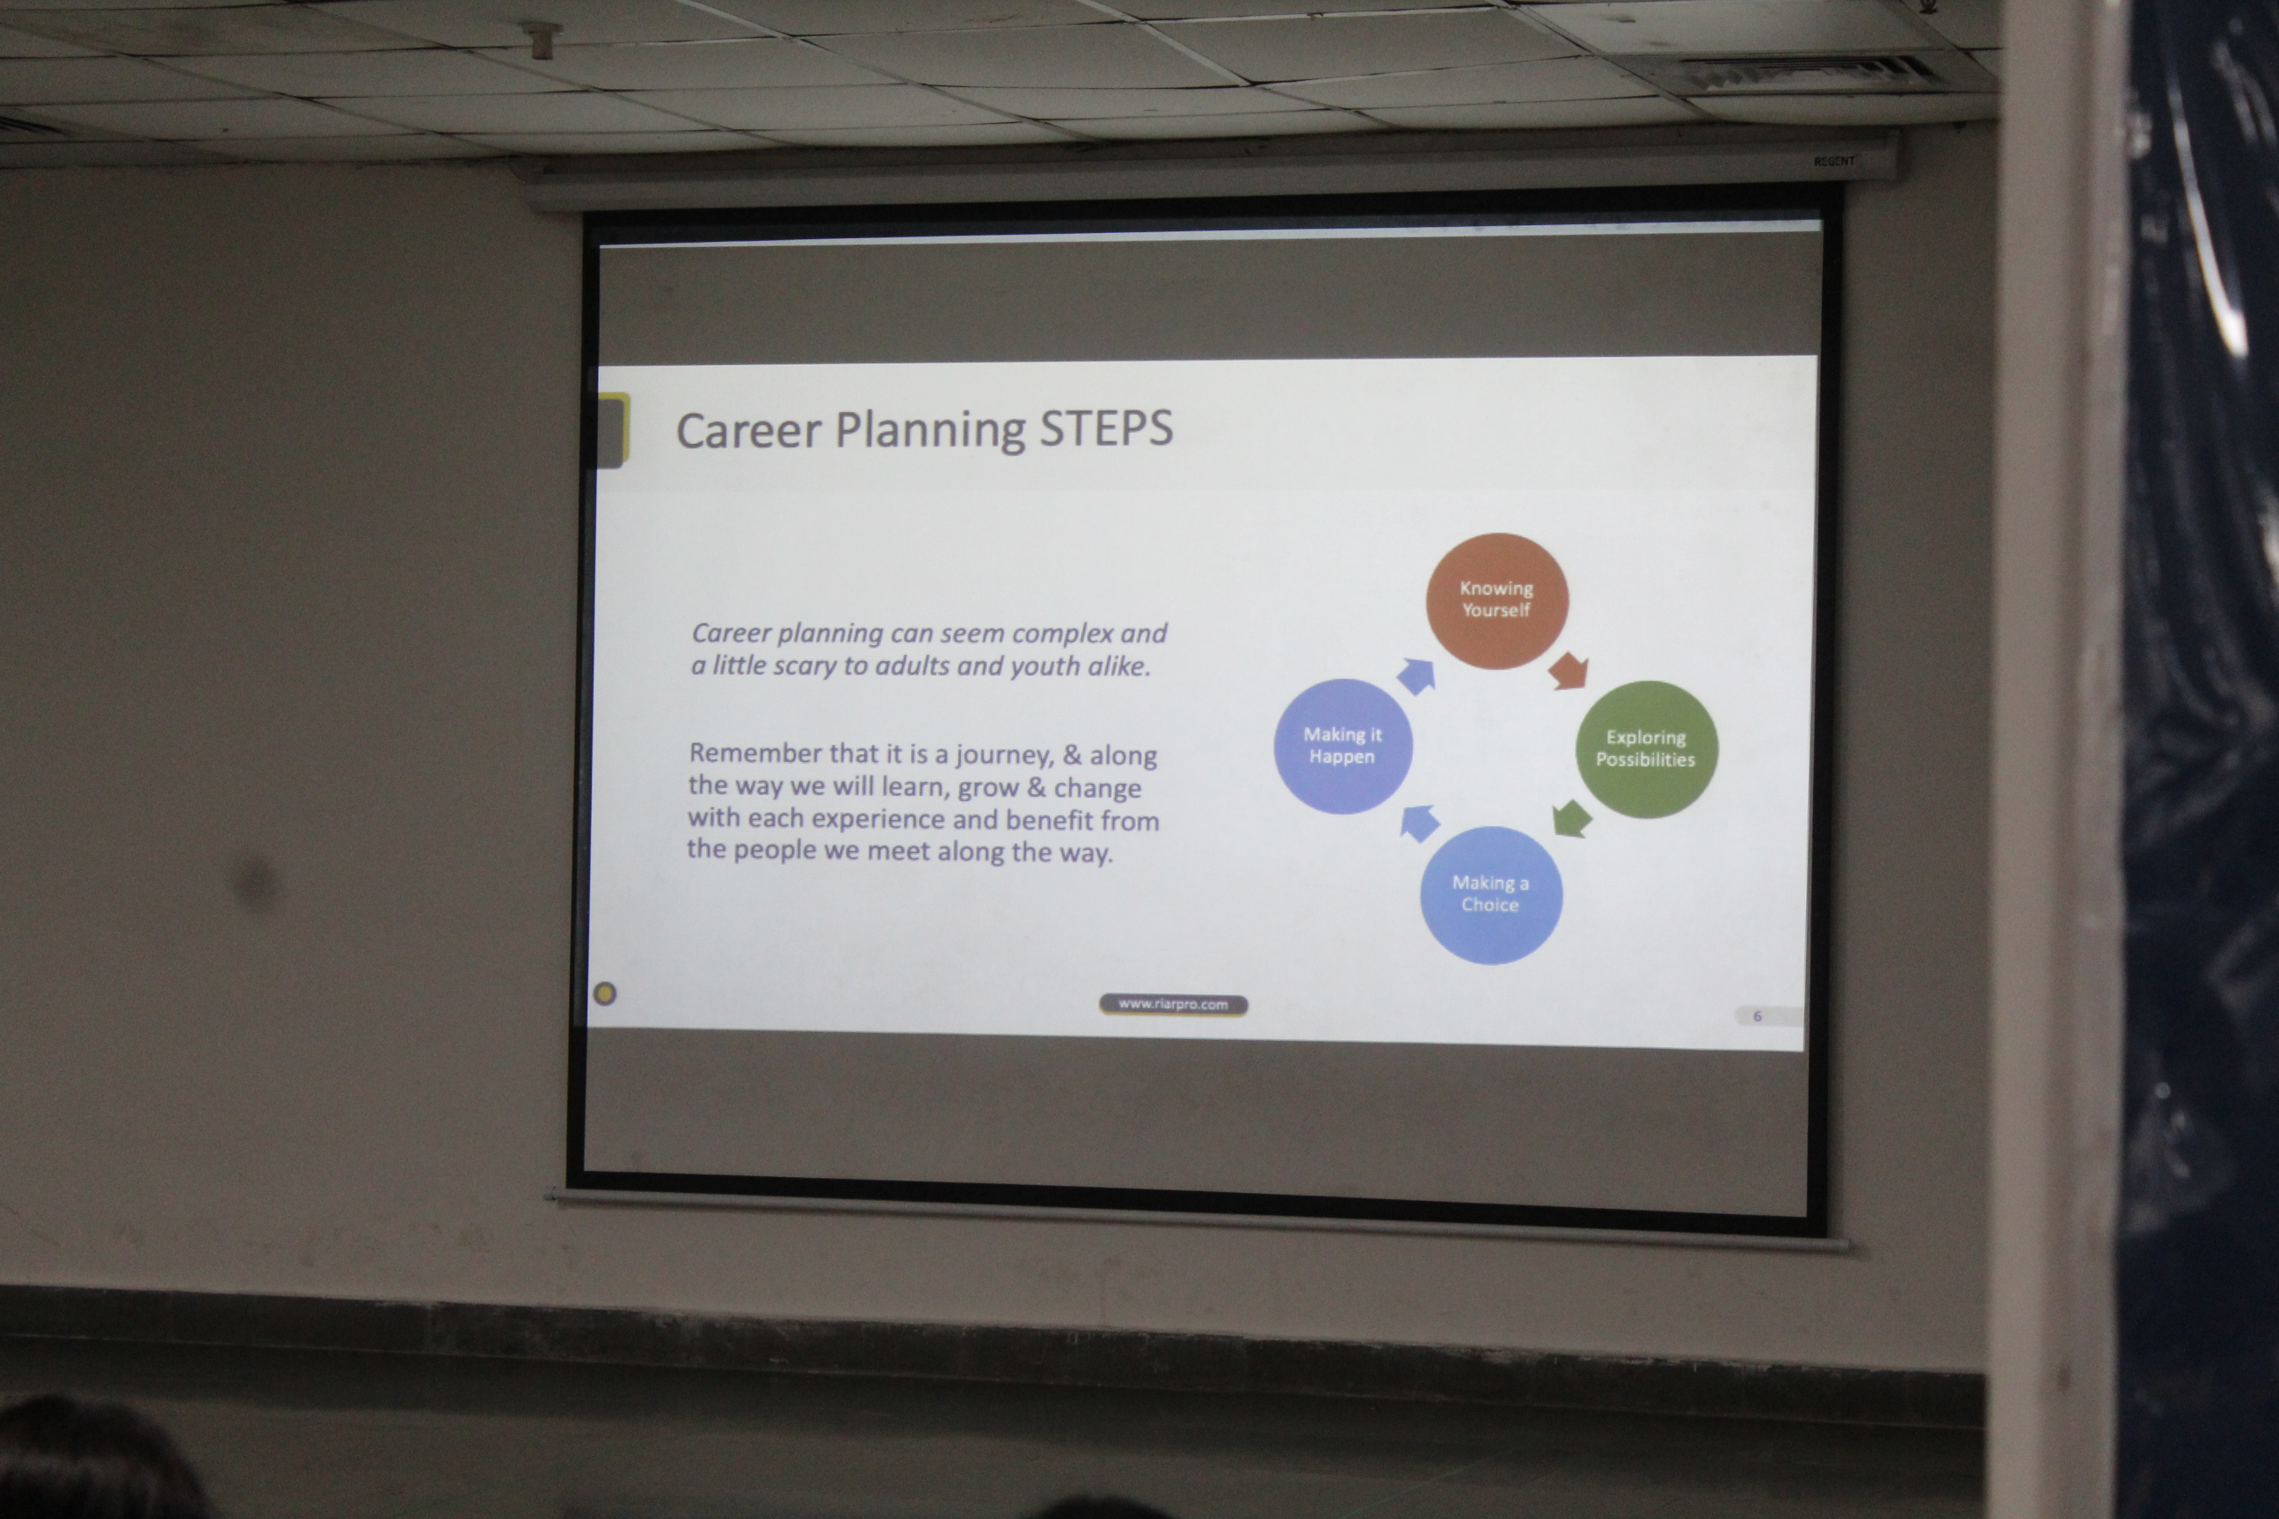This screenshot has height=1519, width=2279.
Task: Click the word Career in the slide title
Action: [749, 431]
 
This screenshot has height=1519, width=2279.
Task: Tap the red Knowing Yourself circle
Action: [1497, 600]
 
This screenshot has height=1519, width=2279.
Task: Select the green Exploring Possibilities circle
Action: [1646, 749]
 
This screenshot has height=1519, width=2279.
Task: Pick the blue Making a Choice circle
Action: [1490, 894]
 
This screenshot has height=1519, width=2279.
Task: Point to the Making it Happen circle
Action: [1343, 746]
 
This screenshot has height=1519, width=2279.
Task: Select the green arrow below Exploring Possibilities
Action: [1572, 818]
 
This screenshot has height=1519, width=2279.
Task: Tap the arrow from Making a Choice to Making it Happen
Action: [1419, 823]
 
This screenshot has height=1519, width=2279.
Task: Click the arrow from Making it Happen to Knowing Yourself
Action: [1416, 675]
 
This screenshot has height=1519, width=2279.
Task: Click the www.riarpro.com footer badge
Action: [1174, 1005]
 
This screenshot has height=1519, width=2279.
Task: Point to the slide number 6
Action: [1757, 1016]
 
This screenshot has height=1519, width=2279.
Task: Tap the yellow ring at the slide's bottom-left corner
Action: [605, 993]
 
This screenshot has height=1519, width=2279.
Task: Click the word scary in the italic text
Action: [809, 666]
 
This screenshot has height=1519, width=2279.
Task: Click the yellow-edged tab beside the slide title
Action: [612, 430]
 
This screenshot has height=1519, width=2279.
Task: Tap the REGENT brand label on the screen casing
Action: [1834, 161]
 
